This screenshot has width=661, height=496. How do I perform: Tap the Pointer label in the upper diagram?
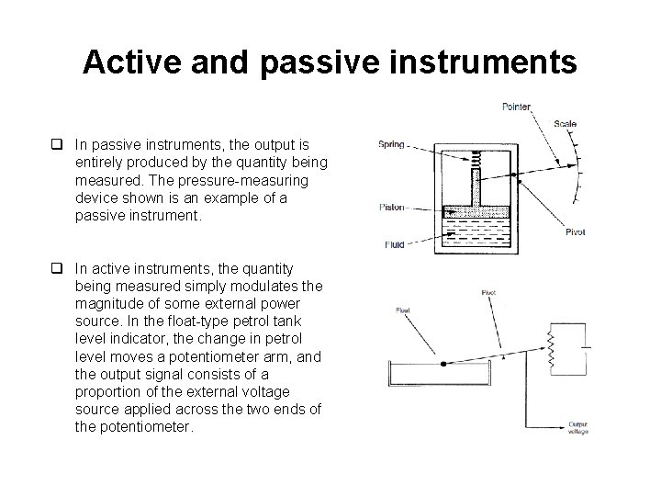[x=516, y=107]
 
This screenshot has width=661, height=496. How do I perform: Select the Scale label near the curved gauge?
[x=566, y=124]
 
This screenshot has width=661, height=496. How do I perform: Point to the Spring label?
[x=391, y=143]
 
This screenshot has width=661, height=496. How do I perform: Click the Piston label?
[x=392, y=208]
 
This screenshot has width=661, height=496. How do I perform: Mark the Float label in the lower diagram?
[x=403, y=310]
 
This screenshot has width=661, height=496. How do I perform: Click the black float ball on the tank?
[x=443, y=364]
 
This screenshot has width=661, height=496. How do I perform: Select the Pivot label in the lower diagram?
[x=488, y=293]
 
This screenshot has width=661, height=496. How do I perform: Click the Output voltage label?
[x=578, y=428]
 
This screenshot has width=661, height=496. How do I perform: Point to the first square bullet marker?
[x=57, y=144]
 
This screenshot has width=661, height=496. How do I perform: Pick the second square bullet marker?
[x=57, y=268]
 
